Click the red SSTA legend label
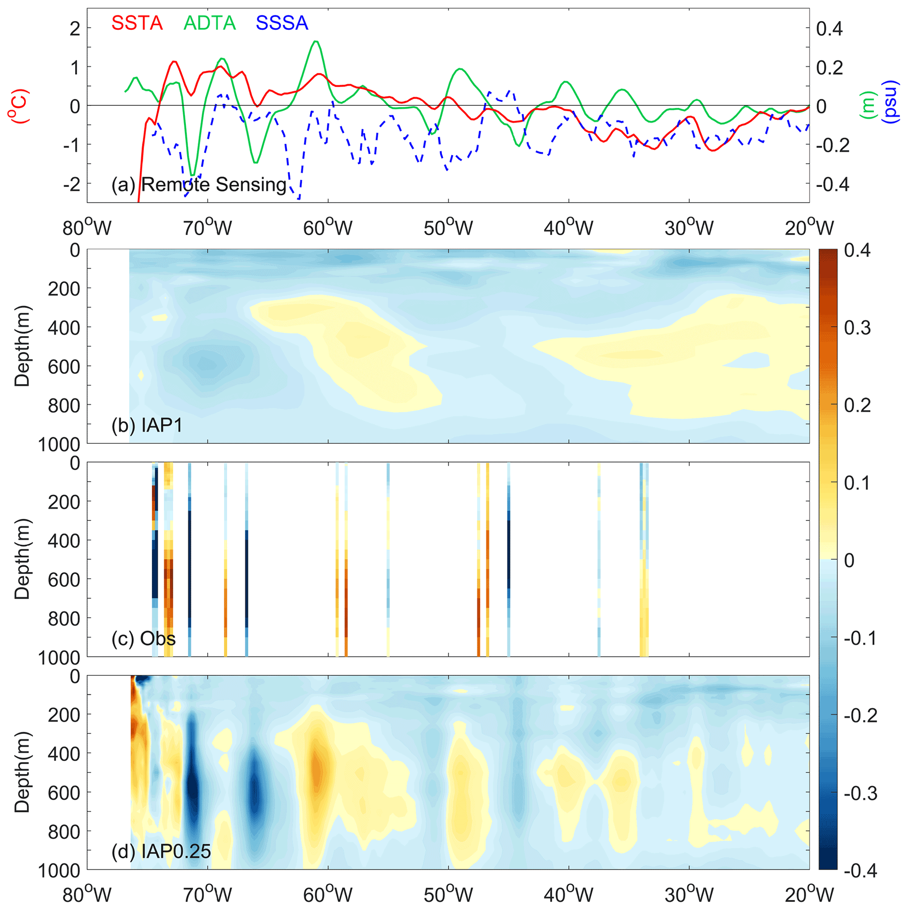(x=137, y=23)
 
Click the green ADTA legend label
(x=210, y=23)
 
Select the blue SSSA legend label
(x=282, y=23)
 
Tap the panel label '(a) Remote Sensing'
(x=199, y=185)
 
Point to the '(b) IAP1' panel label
(x=147, y=425)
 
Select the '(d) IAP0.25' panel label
(x=161, y=851)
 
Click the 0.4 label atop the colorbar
(x=857, y=250)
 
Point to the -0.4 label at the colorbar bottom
(x=860, y=870)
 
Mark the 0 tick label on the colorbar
(x=849, y=561)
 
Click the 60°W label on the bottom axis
(x=328, y=895)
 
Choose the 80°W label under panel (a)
(x=87, y=228)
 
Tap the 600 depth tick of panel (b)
(x=64, y=366)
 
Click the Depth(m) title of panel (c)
(x=22, y=559)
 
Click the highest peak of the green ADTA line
(x=316, y=41)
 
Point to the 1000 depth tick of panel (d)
(x=59, y=871)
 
